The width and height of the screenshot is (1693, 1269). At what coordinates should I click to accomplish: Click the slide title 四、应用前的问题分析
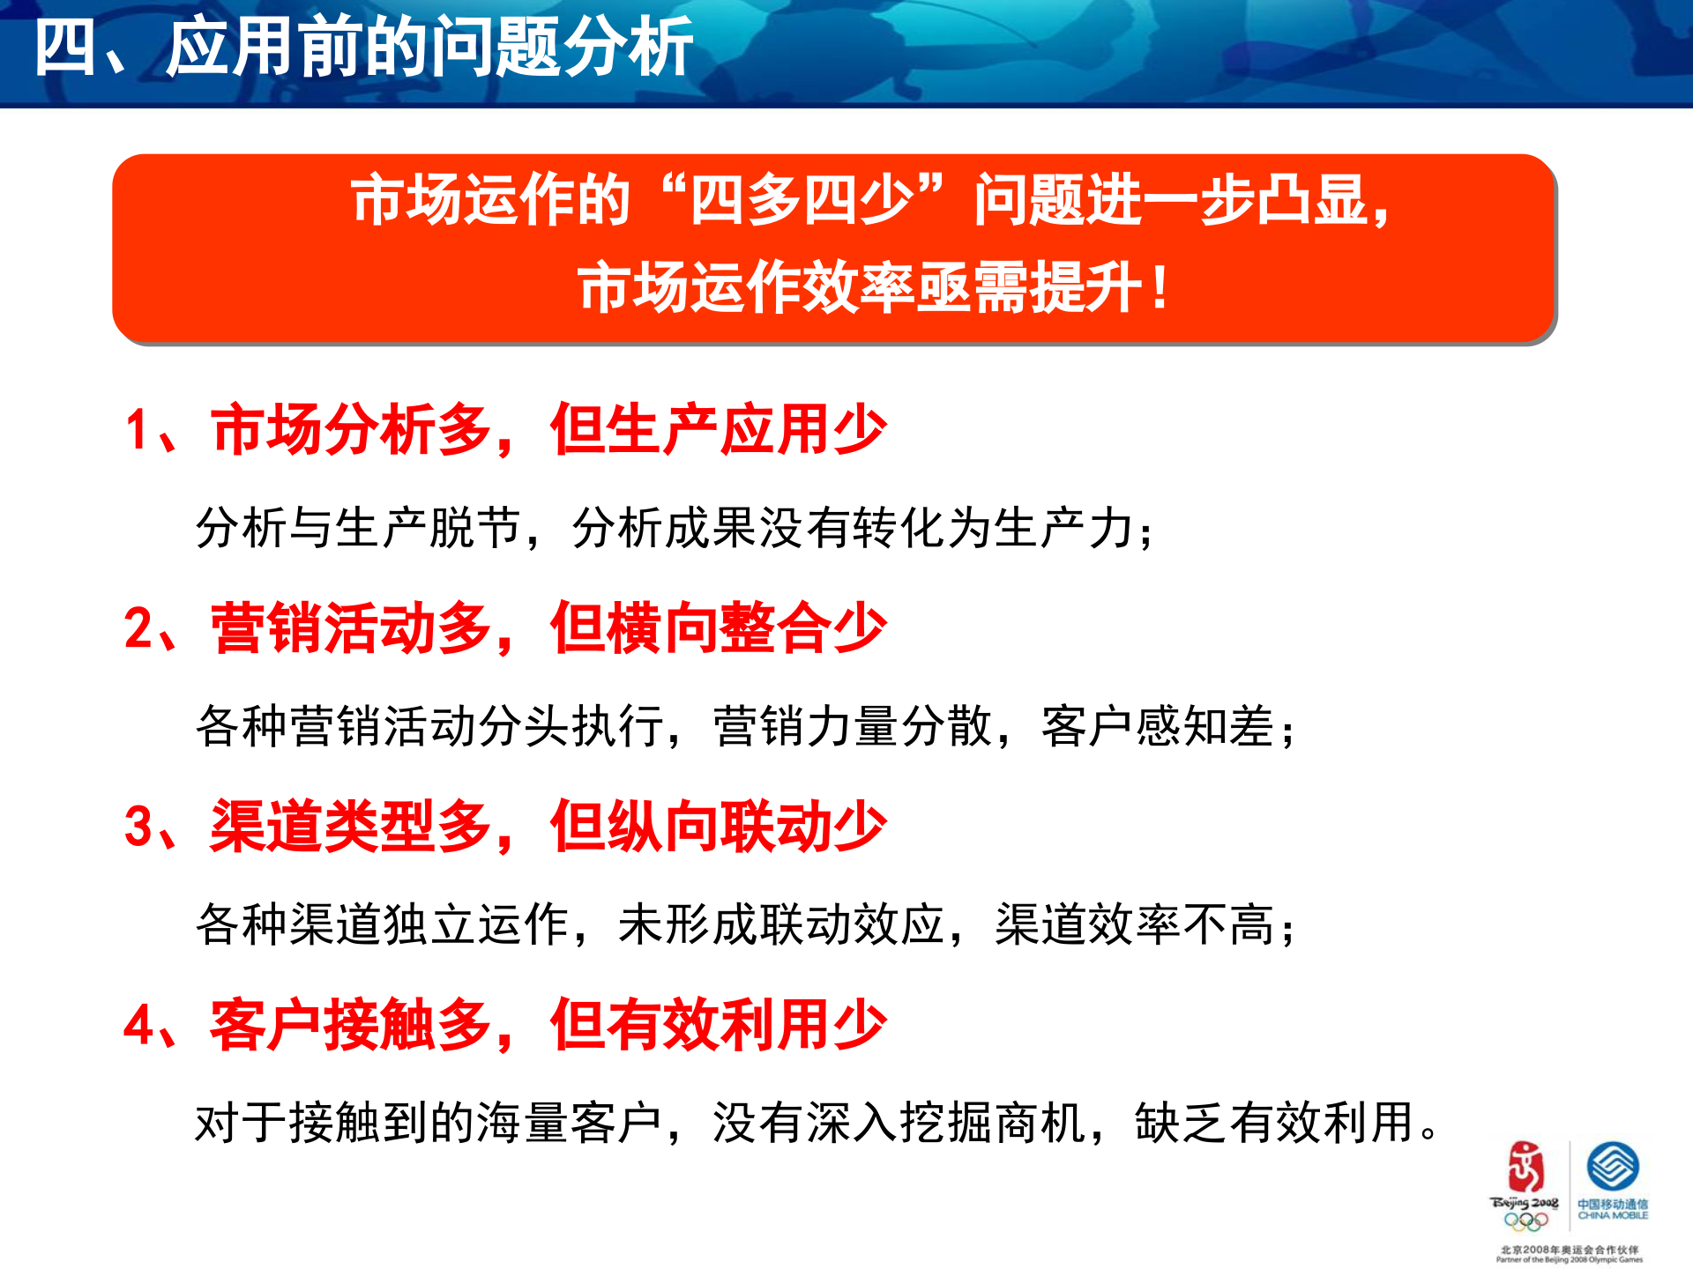(x=363, y=48)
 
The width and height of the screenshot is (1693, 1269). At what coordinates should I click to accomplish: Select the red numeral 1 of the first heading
(x=137, y=431)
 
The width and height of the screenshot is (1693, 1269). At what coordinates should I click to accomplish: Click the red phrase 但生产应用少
(x=718, y=430)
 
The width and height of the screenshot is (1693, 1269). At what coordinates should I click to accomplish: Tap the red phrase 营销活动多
(x=350, y=628)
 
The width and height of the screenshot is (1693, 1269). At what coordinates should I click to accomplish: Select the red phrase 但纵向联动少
(x=718, y=827)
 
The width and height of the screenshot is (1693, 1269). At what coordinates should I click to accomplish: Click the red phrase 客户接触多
(x=350, y=1025)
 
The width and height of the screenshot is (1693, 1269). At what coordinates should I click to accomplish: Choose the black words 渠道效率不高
(x=1134, y=925)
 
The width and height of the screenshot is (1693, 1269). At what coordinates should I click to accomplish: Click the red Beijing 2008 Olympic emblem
(x=1525, y=1167)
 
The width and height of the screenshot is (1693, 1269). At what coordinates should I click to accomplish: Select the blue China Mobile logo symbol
(x=1613, y=1166)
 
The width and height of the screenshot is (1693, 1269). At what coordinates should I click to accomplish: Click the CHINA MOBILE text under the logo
(x=1613, y=1216)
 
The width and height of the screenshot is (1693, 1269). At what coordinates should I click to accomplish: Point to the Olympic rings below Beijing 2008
(x=1525, y=1221)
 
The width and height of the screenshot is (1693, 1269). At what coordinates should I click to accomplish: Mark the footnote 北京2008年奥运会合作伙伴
(x=1570, y=1250)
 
